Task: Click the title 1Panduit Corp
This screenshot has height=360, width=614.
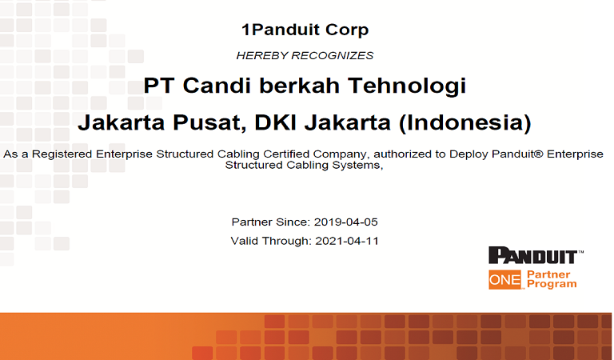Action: [305, 30]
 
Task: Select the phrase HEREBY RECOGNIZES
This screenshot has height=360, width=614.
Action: [305, 56]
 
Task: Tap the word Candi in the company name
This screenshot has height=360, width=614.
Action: [217, 86]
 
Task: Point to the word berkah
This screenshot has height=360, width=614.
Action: [300, 86]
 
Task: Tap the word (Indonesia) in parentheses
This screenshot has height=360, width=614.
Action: [464, 122]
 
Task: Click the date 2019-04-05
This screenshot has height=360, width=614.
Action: [345, 222]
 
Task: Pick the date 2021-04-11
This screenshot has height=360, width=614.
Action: [347, 241]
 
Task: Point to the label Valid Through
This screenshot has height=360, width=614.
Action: [271, 241]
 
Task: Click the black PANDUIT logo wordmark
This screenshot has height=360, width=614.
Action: [536, 255]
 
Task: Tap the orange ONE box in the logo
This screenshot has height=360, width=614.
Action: [505, 280]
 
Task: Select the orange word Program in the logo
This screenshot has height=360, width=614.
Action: [552, 284]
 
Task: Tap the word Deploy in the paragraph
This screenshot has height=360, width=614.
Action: [468, 154]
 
